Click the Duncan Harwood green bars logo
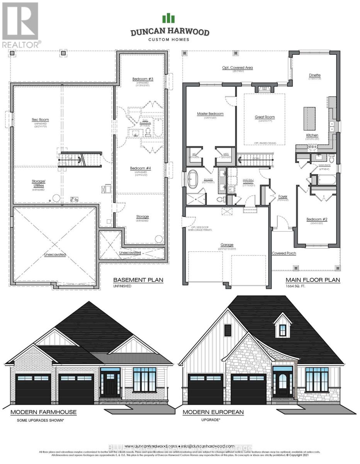168,18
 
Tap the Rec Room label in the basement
40,120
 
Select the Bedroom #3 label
143,79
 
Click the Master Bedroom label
210,114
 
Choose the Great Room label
265,117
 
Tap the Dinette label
314,75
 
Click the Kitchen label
312,135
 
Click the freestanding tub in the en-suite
192,180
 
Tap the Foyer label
283,196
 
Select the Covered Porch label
284,254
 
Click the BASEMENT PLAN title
138,280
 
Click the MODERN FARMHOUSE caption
43,412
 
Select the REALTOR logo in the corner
20,24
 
